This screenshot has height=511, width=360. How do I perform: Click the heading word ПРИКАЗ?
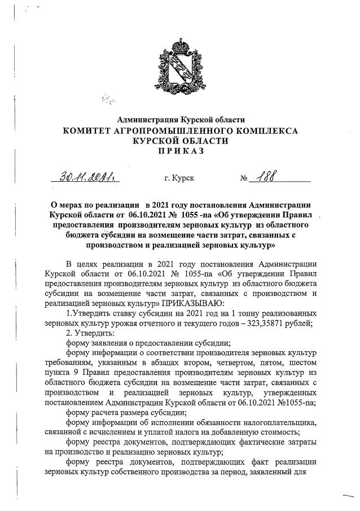pos(181,151)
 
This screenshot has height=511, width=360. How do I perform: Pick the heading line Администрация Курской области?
pos(181,119)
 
